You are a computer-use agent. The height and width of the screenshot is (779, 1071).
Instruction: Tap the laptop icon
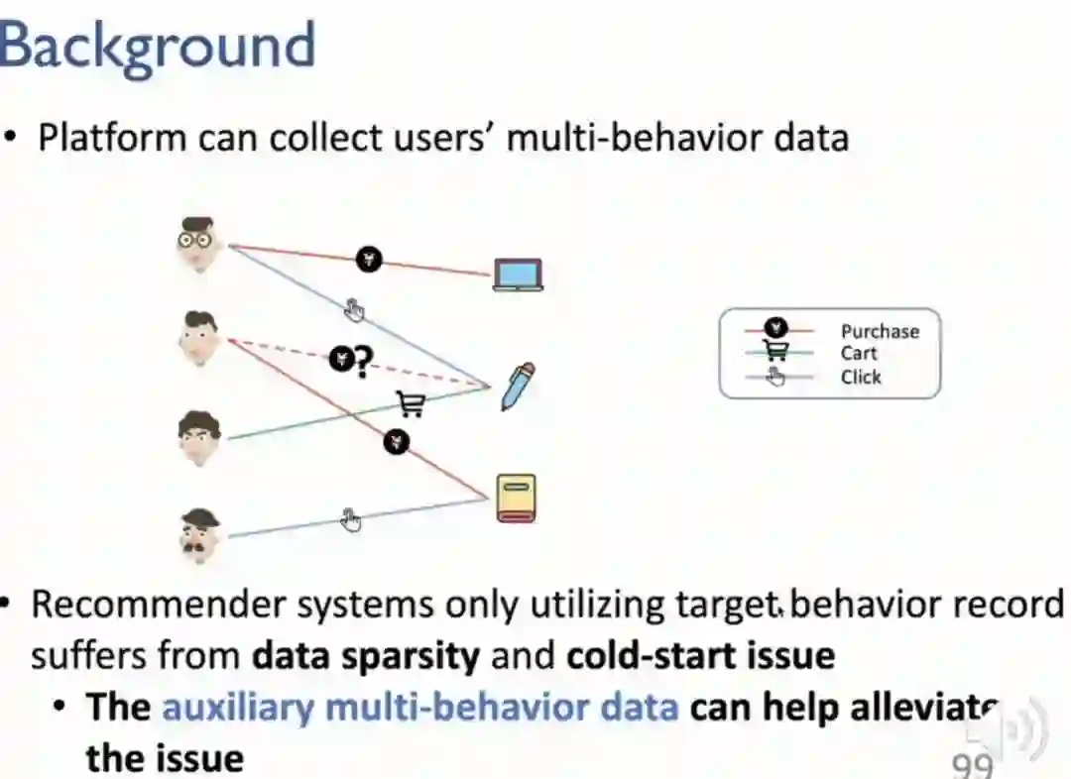click(518, 275)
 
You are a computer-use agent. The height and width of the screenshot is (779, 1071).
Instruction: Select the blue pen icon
click(518, 387)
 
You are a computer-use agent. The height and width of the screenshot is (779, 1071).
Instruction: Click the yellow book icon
click(516, 498)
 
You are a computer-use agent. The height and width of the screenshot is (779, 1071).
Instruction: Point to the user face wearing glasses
click(199, 243)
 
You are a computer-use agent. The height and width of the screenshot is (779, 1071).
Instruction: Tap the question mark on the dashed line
click(363, 363)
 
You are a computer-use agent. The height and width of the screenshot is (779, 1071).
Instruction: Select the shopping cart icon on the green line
click(411, 403)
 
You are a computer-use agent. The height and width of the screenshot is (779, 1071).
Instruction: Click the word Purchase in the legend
click(880, 332)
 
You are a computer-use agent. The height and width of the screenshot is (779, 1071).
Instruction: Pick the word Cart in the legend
click(858, 354)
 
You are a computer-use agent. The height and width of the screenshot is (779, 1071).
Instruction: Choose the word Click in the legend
click(860, 377)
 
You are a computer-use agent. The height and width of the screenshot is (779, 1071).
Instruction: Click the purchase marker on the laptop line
click(369, 260)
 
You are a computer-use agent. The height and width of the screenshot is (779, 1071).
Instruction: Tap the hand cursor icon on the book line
click(350, 519)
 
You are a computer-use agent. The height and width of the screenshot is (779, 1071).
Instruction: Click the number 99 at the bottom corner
click(972, 764)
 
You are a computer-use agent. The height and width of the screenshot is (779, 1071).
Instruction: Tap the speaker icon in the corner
click(1011, 731)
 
